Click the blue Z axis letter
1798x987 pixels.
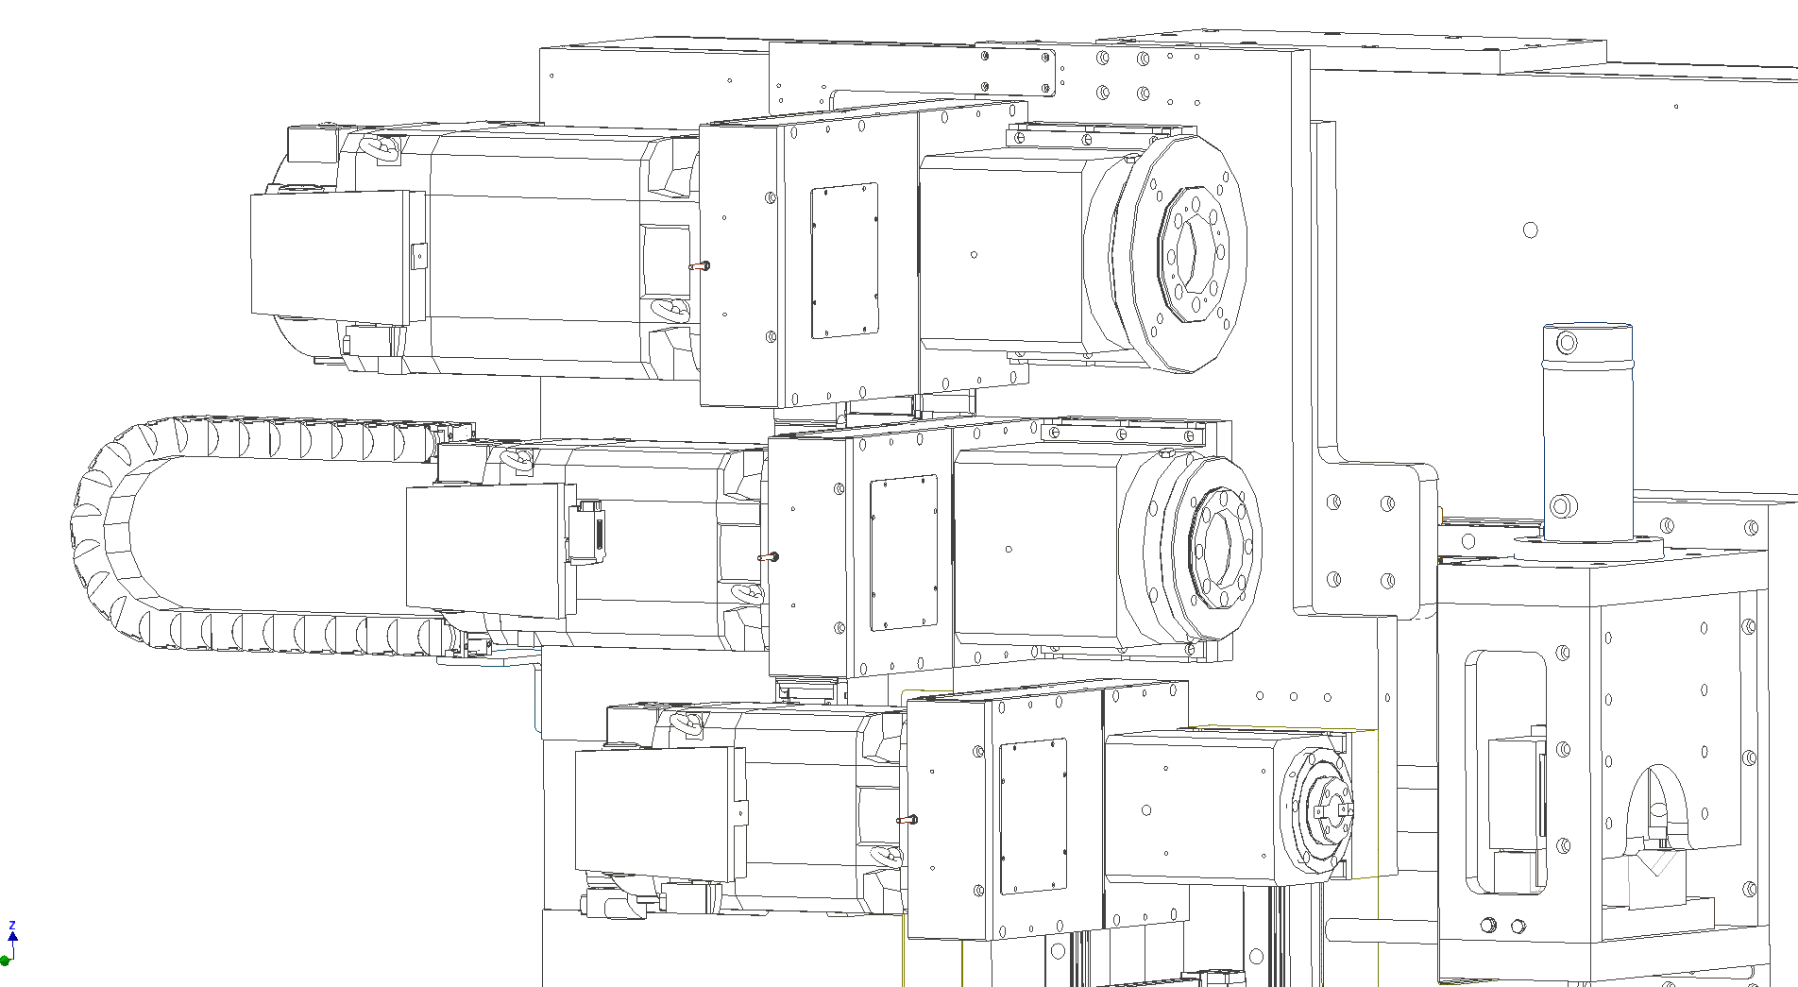tap(12, 926)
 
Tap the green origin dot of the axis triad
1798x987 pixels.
tap(5, 961)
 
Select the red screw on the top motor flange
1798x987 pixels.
tap(700, 266)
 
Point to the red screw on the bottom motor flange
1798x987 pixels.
tap(907, 820)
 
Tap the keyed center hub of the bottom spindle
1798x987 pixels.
tap(1331, 810)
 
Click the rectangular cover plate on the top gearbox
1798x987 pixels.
tap(844, 261)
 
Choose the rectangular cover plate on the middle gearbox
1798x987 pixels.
tap(904, 552)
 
